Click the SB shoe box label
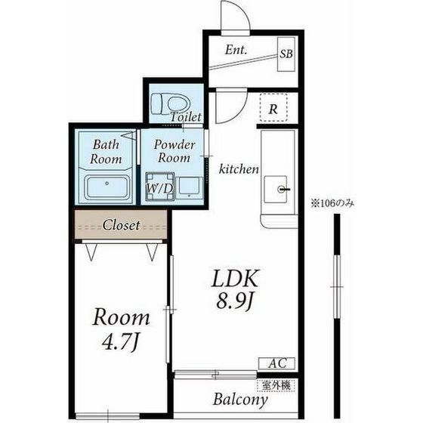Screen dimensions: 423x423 point(286,54)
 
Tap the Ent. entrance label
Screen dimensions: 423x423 point(236,50)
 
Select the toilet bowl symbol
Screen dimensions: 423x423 point(171,103)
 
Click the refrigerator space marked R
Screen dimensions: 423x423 point(273,107)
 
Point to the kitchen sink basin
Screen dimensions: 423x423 point(276,190)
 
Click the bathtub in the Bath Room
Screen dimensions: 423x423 point(107,187)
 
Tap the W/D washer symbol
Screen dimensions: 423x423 point(160,187)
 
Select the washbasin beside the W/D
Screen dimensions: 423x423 point(190,188)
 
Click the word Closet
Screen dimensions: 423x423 point(121,225)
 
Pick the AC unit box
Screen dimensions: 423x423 point(276,363)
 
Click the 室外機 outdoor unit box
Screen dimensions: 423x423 point(276,385)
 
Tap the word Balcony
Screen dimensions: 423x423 point(240,400)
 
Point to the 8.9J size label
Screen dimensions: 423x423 point(234,301)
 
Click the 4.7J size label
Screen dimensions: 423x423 point(121,341)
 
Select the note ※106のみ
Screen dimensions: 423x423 point(332,203)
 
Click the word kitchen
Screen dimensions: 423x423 point(239,169)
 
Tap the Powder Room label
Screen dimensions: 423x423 point(174,151)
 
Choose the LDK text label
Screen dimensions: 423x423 point(235,279)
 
